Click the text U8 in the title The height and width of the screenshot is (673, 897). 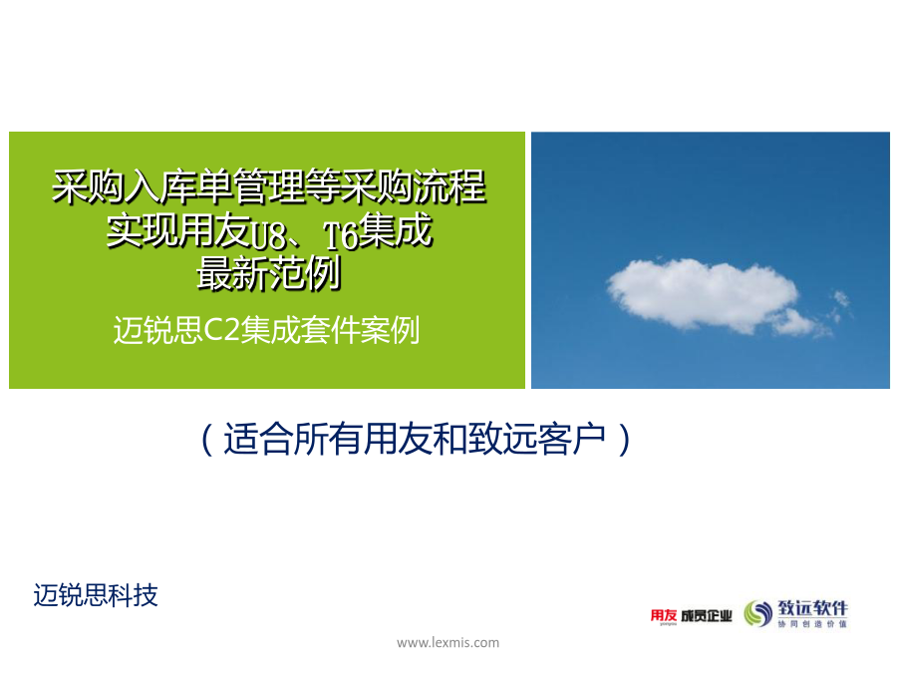[x=270, y=235]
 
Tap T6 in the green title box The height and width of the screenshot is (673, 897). [x=341, y=235]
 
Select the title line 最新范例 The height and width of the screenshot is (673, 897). [x=269, y=274]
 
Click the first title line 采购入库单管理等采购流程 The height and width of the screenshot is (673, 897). [x=269, y=187]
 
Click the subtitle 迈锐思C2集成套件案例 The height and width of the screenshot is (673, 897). [x=266, y=330]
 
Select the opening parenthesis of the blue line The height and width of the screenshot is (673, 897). [x=207, y=440]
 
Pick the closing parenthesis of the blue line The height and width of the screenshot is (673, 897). [x=624, y=440]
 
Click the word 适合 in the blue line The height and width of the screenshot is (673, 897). [x=257, y=440]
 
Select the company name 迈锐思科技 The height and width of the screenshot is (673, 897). [x=96, y=595]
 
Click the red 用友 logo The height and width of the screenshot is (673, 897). [x=664, y=616]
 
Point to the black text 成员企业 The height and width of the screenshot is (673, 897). [x=707, y=616]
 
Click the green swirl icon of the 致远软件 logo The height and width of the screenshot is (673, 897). [x=758, y=613]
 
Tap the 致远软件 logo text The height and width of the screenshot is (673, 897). [x=812, y=608]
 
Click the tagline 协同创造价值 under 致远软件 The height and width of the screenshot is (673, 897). [x=812, y=624]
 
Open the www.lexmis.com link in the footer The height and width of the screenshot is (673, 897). [x=448, y=643]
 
